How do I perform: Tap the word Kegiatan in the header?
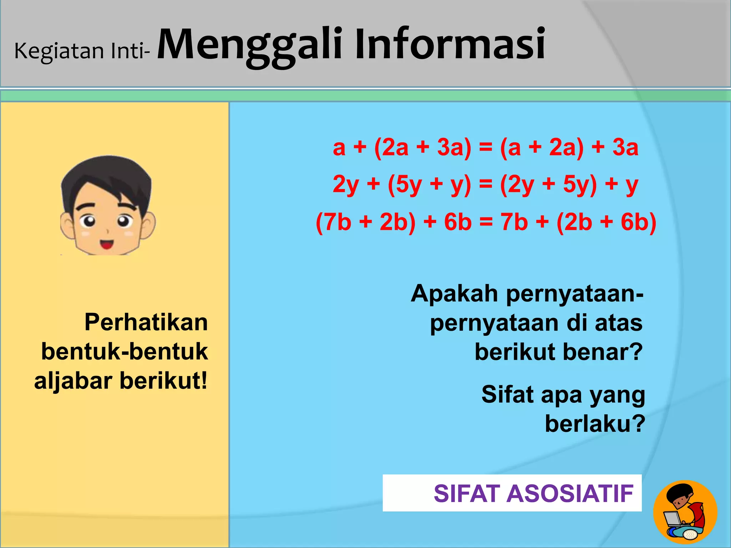[x=59, y=51]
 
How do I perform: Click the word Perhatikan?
[x=146, y=322]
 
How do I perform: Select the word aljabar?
[x=74, y=381]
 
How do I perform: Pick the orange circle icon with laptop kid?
[x=685, y=512]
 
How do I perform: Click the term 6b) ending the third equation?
[x=639, y=222]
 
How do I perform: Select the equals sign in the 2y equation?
[x=485, y=184]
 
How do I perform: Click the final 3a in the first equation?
[x=625, y=147]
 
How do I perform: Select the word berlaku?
[x=595, y=424]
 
